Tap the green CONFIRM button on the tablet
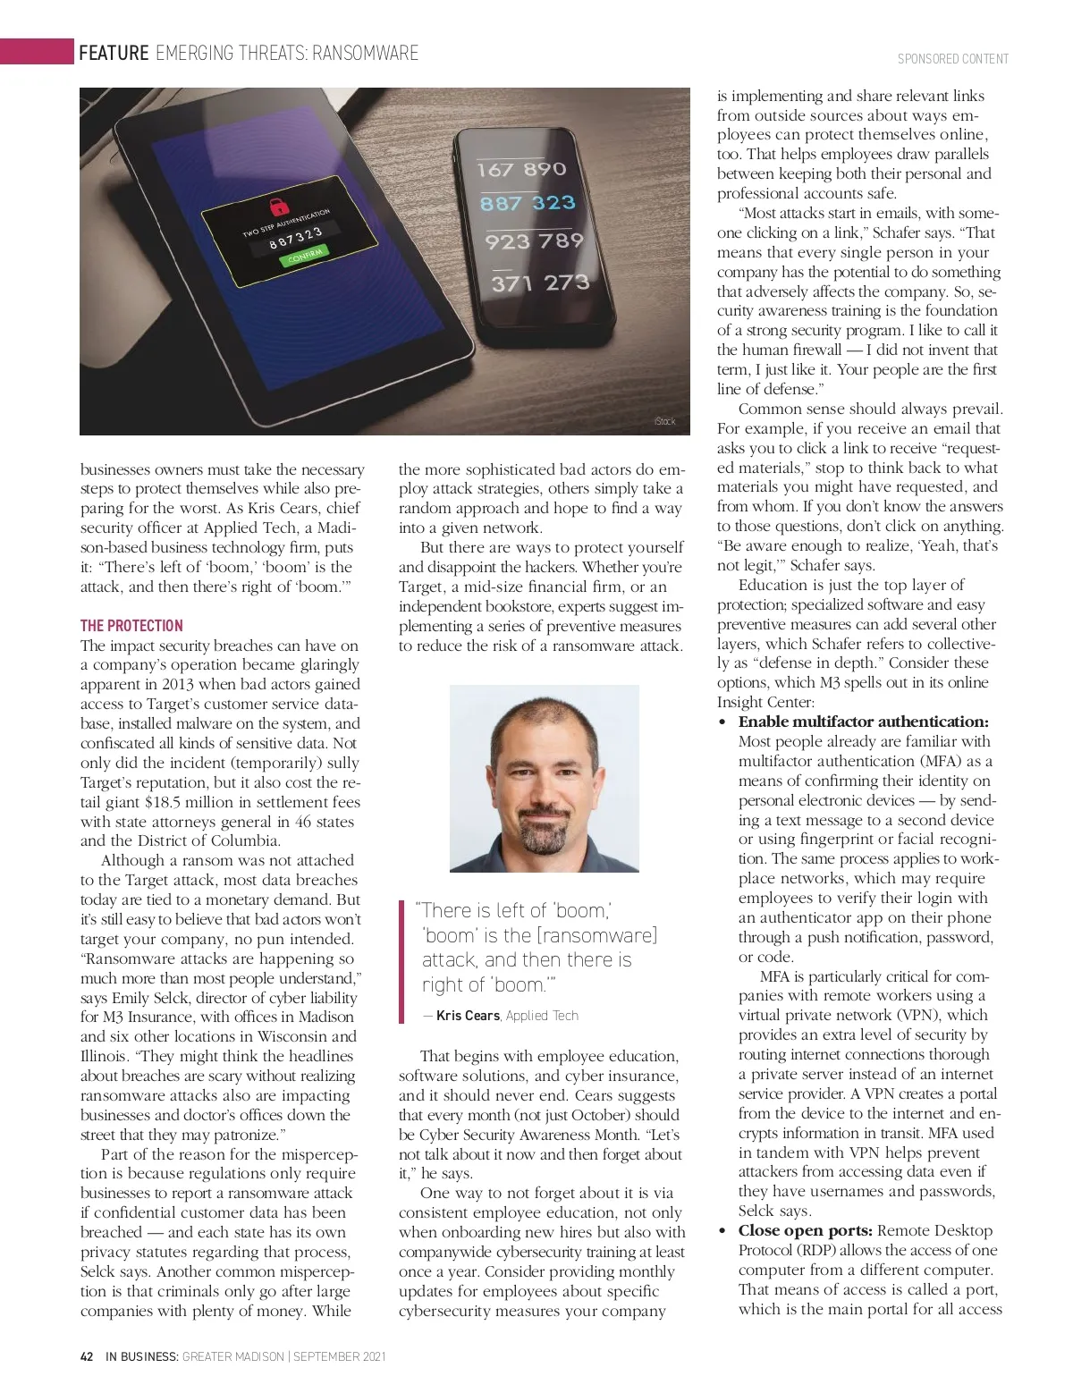(304, 256)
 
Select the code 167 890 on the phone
(521, 169)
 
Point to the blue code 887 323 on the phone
(528, 203)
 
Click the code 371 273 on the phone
(540, 283)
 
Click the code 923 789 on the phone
(534, 241)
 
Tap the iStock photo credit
(665, 421)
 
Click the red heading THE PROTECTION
(131, 625)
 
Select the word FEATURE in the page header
(114, 54)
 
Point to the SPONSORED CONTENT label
(953, 59)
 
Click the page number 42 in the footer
(87, 1356)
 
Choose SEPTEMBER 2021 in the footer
(340, 1356)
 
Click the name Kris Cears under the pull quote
(468, 1016)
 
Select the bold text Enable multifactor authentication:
(863, 722)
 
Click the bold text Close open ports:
(806, 1230)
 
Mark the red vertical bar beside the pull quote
(402, 961)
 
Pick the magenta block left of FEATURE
(37, 51)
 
